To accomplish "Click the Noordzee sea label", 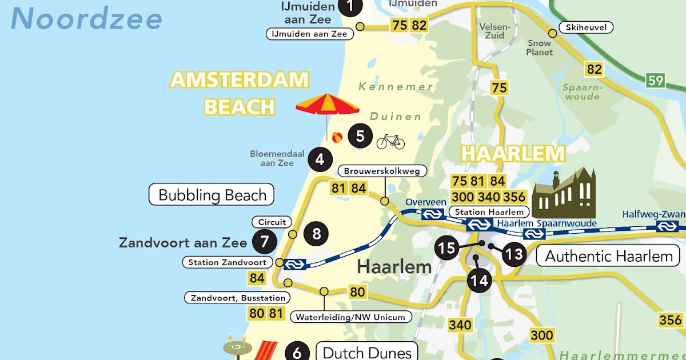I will click(86, 19).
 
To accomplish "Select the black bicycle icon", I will click(390, 141).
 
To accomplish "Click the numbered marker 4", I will click(320, 159).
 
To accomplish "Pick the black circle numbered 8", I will click(316, 233).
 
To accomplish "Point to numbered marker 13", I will click(514, 253).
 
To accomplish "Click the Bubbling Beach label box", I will click(212, 195).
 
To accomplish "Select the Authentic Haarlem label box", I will click(608, 255).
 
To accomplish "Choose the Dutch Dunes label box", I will click(366, 352).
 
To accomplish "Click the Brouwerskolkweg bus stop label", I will click(382, 171).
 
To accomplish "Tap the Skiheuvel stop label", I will click(586, 27).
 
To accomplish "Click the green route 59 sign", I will click(656, 80).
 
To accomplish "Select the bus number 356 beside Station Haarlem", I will click(514, 197).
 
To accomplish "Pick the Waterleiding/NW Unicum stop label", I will click(350, 317).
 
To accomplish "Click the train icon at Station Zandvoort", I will click(295, 263).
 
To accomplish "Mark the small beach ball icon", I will click(337, 137).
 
